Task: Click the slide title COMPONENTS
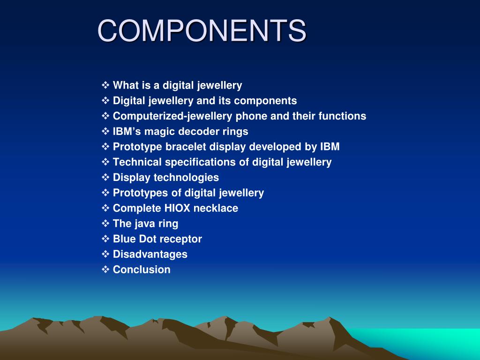tap(202, 31)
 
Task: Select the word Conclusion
tap(142, 270)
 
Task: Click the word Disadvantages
tap(150, 254)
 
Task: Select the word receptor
tap(180, 239)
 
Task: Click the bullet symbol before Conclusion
tap(105, 269)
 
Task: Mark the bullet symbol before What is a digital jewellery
tap(105, 85)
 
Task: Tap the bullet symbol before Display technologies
tap(105, 177)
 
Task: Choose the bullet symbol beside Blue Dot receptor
tap(105, 239)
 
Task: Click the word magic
tap(157, 131)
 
